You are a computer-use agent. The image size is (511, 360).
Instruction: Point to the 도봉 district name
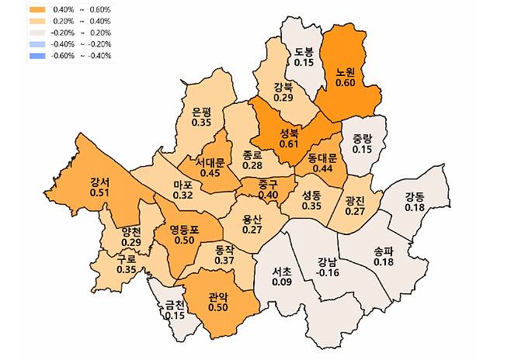304,52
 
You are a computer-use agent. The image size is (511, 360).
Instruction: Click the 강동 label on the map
414,196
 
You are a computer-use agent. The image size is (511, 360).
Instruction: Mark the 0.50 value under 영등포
184,241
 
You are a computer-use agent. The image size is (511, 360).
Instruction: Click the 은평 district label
201,111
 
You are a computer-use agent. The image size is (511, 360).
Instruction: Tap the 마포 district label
183,185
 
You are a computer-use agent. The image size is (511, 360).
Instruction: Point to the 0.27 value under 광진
355,210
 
